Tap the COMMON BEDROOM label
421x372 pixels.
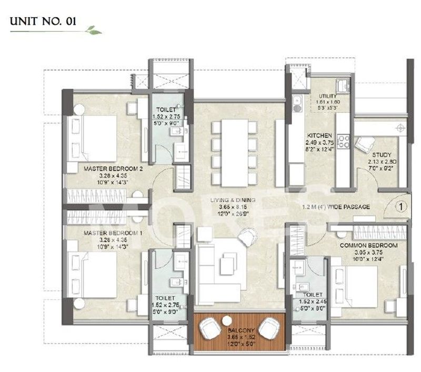368,246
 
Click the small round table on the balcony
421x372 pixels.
227,319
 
